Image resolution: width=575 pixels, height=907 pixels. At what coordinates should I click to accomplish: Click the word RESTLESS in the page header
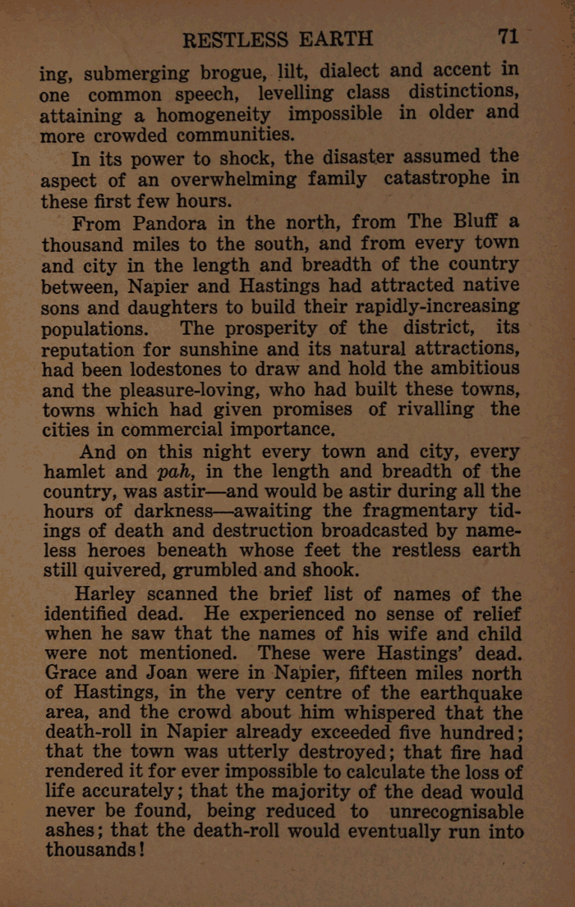[x=235, y=39]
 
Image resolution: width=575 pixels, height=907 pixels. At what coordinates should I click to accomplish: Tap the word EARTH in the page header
[x=338, y=39]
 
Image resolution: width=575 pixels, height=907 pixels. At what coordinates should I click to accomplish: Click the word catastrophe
[x=439, y=178]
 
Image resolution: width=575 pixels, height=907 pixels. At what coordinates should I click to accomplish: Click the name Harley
[x=115, y=593]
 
